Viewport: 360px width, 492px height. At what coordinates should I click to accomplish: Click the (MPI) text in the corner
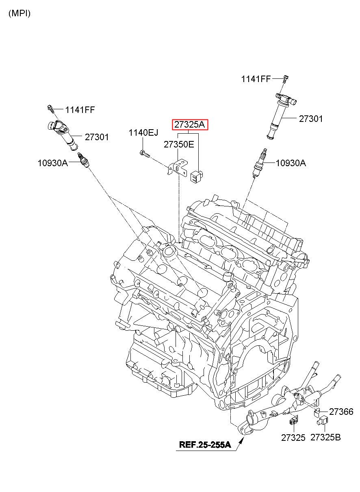coord(20,13)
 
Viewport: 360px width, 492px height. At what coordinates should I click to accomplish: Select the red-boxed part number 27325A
coord(190,125)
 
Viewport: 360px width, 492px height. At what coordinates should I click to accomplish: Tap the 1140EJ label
coord(143,133)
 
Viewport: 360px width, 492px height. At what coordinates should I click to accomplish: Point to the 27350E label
coord(179,144)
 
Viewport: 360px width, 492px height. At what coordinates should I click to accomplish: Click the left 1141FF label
coord(80,110)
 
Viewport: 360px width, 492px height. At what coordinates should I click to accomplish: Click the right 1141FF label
coord(256,79)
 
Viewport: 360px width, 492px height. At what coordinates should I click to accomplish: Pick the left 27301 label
coord(97,137)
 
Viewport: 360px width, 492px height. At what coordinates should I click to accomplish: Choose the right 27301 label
coord(311,119)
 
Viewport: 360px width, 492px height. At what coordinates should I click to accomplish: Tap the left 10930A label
coord(53,163)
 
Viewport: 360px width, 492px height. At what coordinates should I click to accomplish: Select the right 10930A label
coord(291,163)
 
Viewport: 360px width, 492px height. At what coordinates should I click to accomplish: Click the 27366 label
coord(341,412)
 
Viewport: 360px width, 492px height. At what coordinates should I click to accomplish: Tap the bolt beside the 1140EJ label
coord(144,153)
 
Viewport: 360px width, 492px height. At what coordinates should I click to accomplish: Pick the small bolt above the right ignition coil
coord(286,80)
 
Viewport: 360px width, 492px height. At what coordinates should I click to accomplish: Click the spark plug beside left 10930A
coord(84,160)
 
